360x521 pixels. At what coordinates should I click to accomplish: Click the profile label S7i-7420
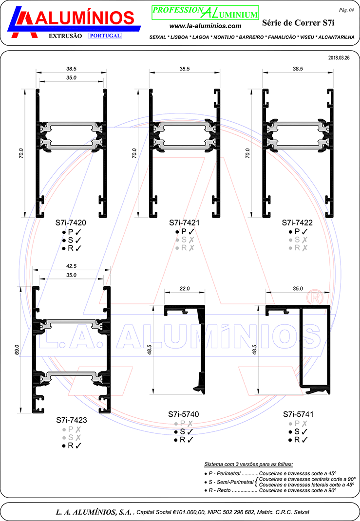(71, 223)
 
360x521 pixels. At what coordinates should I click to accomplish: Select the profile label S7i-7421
(184, 223)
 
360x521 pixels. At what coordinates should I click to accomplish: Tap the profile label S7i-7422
(297, 223)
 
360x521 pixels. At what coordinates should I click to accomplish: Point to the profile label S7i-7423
(72, 420)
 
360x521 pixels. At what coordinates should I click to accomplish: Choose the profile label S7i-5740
(184, 414)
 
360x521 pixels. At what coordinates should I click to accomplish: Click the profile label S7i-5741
(298, 414)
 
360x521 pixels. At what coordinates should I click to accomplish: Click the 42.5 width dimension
(71, 266)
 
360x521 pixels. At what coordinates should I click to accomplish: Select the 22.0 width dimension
(185, 288)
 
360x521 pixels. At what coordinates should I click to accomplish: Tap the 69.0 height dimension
(17, 350)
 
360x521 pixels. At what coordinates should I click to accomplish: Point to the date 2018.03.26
(339, 58)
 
